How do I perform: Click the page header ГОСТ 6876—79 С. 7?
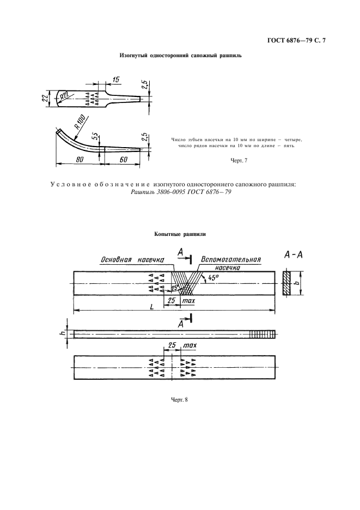coord(296,41)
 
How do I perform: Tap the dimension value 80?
coord(80,160)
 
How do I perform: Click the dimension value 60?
coord(123,160)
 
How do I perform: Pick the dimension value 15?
coord(116,80)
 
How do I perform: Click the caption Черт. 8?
coord(180,400)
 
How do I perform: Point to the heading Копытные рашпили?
coord(180,234)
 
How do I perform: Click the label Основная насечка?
coord(132,259)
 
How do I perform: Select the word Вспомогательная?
coord(231,259)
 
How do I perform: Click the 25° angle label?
coord(175,287)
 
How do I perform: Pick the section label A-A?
coord(294,254)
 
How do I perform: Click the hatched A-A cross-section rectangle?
coord(287,283)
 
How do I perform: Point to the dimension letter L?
coord(152,307)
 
